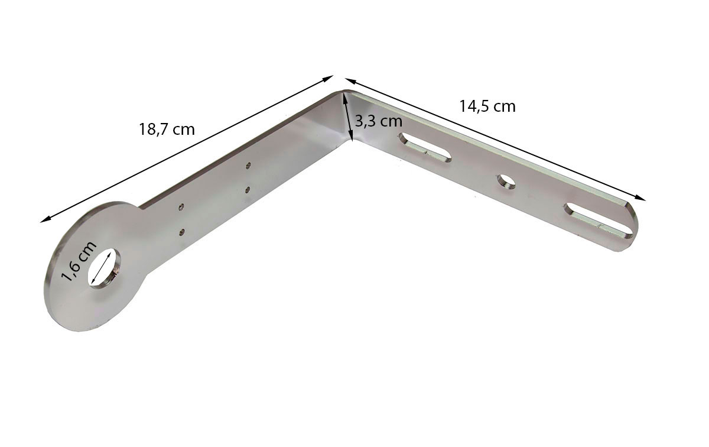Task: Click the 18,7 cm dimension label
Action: click(x=167, y=129)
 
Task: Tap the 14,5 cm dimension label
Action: click(x=487, y=106)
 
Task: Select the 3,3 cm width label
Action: click(x=379, y=121)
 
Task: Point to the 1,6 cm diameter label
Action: click(x=79, y=262)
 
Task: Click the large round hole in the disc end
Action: click(x=104, y=267)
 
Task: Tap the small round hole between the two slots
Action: click(x=506, y=182)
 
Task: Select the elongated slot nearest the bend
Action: click(x=425, y=148)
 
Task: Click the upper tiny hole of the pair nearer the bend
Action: click(x=249, y=165)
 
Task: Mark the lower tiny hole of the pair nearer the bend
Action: click(x=248, y=189)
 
